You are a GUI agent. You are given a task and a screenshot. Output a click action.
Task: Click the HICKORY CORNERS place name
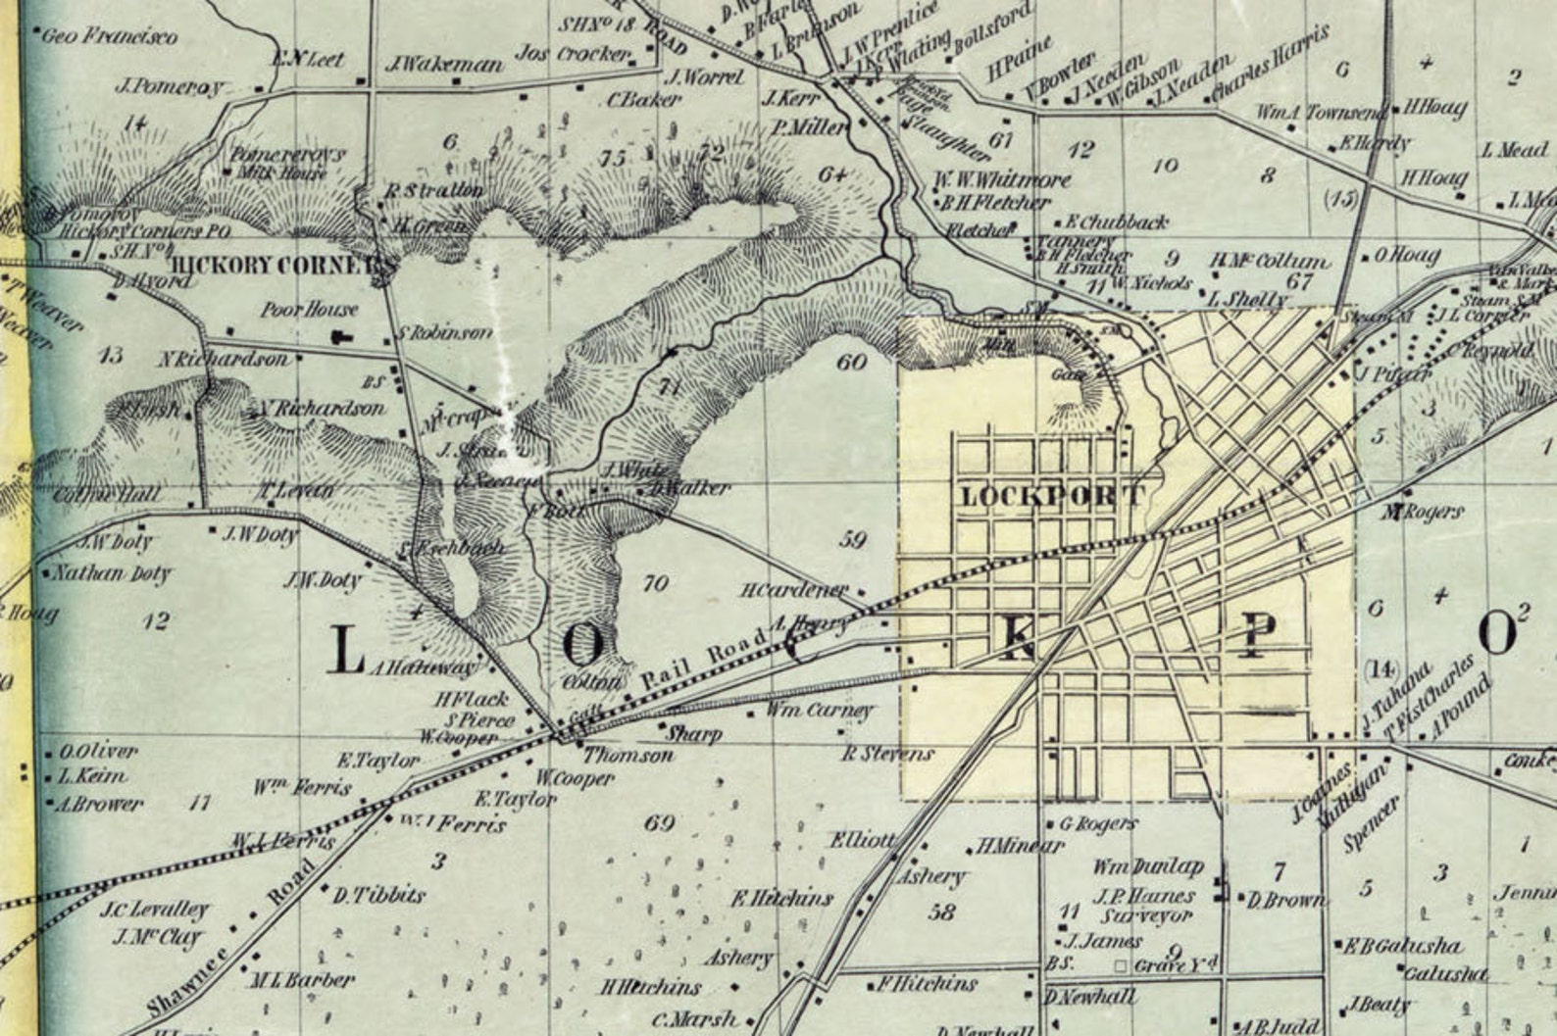(281, 266)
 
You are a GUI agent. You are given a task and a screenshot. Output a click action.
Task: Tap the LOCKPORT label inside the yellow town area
(1051, 496)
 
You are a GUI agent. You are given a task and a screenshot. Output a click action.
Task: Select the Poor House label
(309, 310)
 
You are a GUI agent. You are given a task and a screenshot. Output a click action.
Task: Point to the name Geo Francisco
(111, 37)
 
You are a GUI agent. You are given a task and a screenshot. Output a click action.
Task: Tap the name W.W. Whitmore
(1002, 180)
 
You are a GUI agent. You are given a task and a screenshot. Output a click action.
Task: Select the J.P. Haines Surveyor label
(1146, 906)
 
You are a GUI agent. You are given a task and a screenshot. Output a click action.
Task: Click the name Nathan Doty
(113, 573)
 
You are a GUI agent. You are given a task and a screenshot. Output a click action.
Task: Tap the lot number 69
(660, 822)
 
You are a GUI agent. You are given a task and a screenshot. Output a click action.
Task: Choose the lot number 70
(655, 584)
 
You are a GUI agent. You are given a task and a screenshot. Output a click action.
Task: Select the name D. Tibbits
(379, 895)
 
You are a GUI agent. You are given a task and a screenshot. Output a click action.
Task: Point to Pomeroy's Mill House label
(285, 163)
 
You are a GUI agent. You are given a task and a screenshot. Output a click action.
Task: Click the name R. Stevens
(888, 754)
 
